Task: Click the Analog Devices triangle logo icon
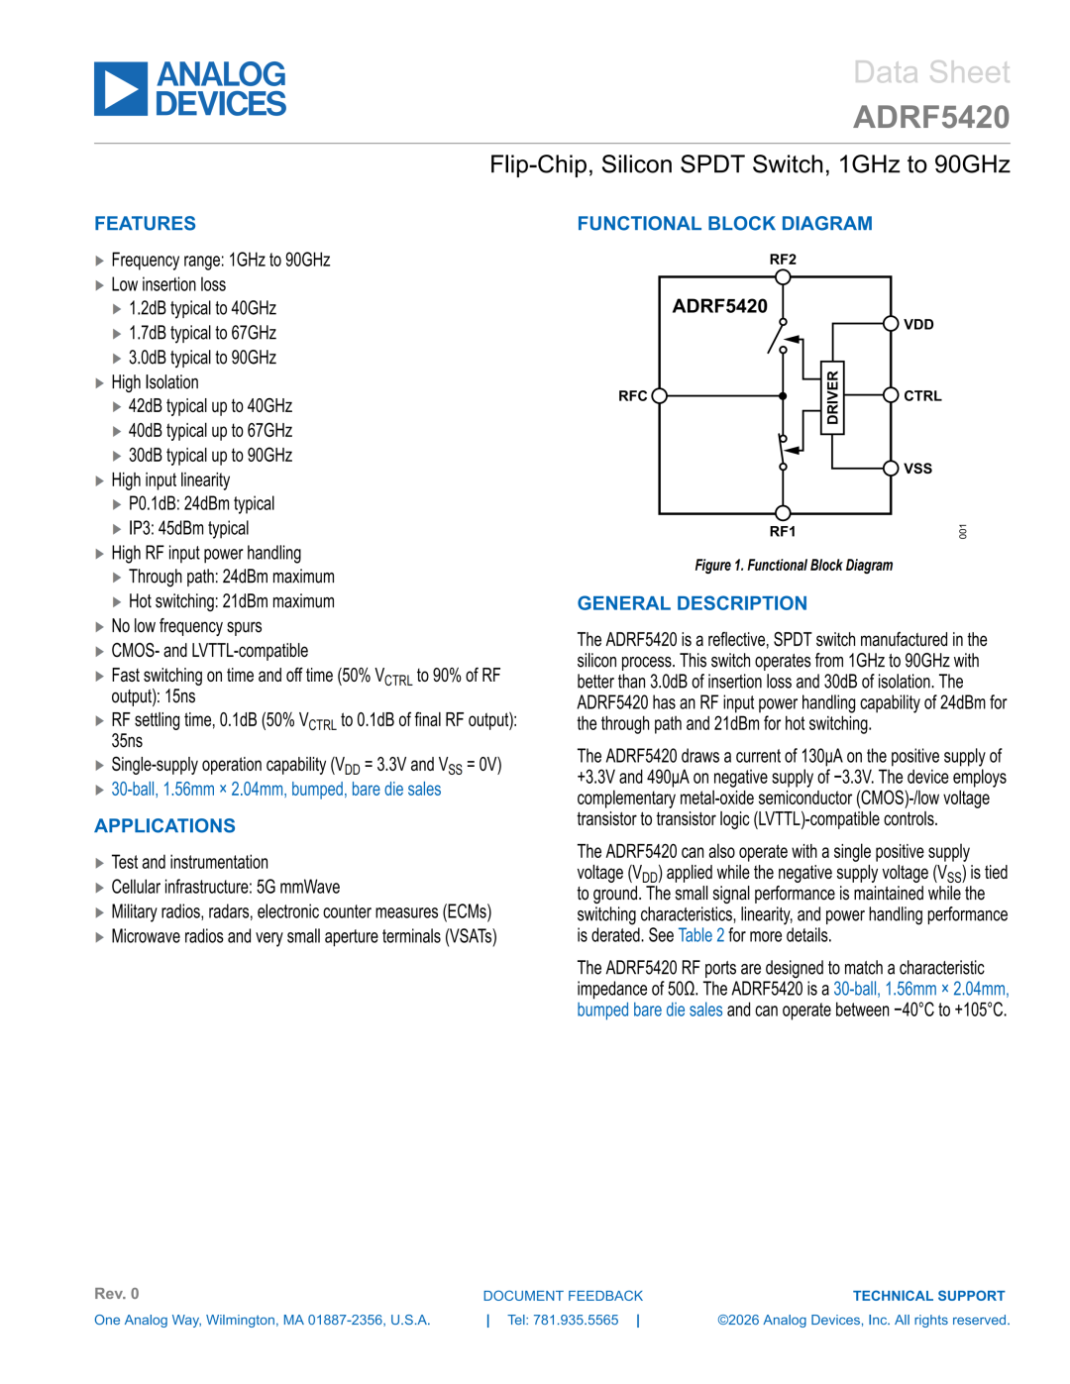121,88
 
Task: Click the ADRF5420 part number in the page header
931,117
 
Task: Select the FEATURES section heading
146,224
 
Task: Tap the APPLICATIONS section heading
164,825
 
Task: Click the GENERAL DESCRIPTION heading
693,603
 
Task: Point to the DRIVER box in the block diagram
832,398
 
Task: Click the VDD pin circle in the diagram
891,324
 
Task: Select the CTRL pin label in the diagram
922,395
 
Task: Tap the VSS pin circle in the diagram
891,469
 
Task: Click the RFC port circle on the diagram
659,395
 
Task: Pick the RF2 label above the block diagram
783,260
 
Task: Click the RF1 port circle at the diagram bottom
783,513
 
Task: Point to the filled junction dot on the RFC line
783,395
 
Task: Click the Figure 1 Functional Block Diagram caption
794,565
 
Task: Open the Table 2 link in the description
700,935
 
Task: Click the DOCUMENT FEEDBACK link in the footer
563,1296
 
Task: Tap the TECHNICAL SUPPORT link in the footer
928,1296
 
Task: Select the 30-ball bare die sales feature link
276,790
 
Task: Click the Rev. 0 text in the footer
117,1293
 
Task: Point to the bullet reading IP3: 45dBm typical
188,528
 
